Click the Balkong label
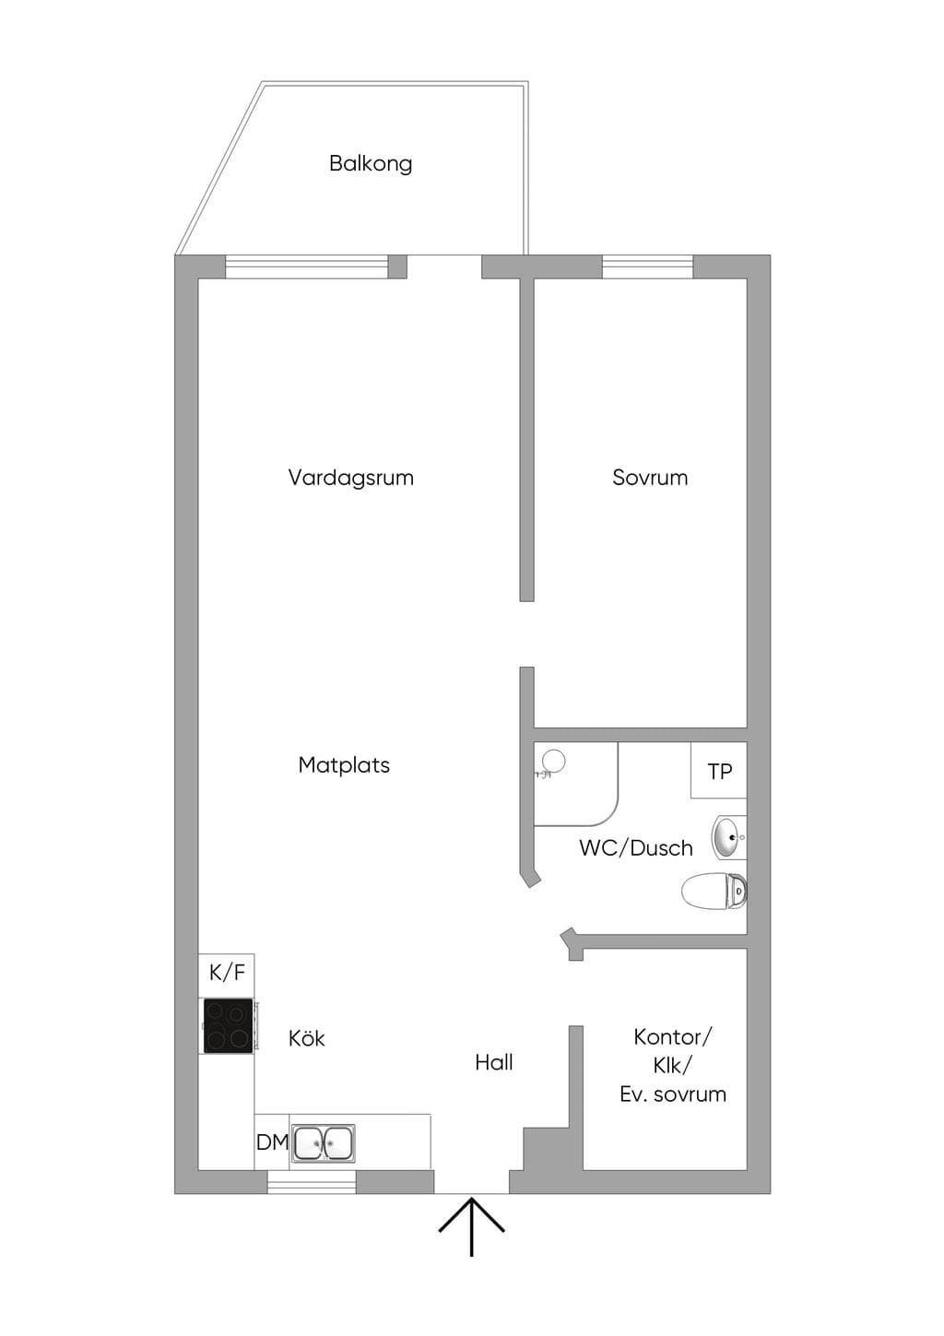371,163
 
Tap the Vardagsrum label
350,478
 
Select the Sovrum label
650,478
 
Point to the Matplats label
344,765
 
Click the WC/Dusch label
636,848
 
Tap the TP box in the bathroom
719,771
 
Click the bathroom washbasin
728,837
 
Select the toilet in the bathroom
714,892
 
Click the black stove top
228,1025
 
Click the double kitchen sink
324,1142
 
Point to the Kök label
306,1038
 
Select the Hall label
494,1062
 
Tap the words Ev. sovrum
673,1094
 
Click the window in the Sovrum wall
648,266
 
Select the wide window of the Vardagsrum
307,266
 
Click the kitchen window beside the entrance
312,1181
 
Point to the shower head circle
554,761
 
